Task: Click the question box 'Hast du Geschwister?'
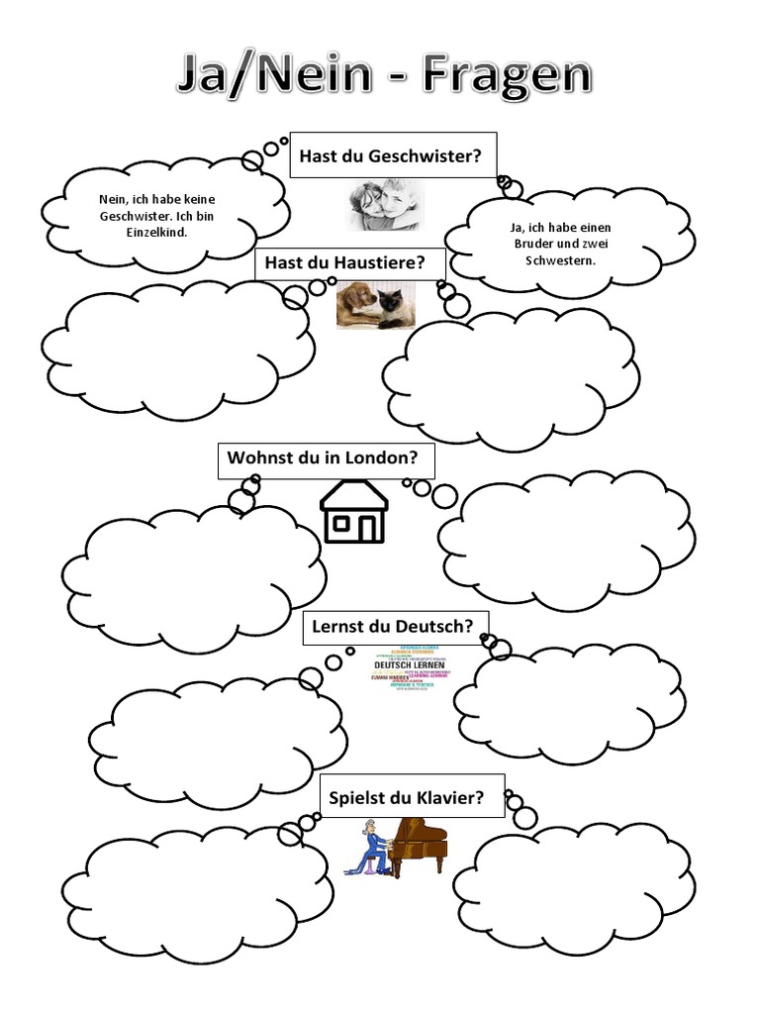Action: [x=392, y=155]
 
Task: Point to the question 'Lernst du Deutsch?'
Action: [x=392, y=626]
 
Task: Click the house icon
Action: [x=353, y=511]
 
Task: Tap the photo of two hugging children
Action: [x=383, y=204]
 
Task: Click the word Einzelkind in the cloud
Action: [x=157, y=232]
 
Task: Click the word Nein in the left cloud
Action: [x=113, y=200]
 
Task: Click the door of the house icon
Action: [x=368, y=530]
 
